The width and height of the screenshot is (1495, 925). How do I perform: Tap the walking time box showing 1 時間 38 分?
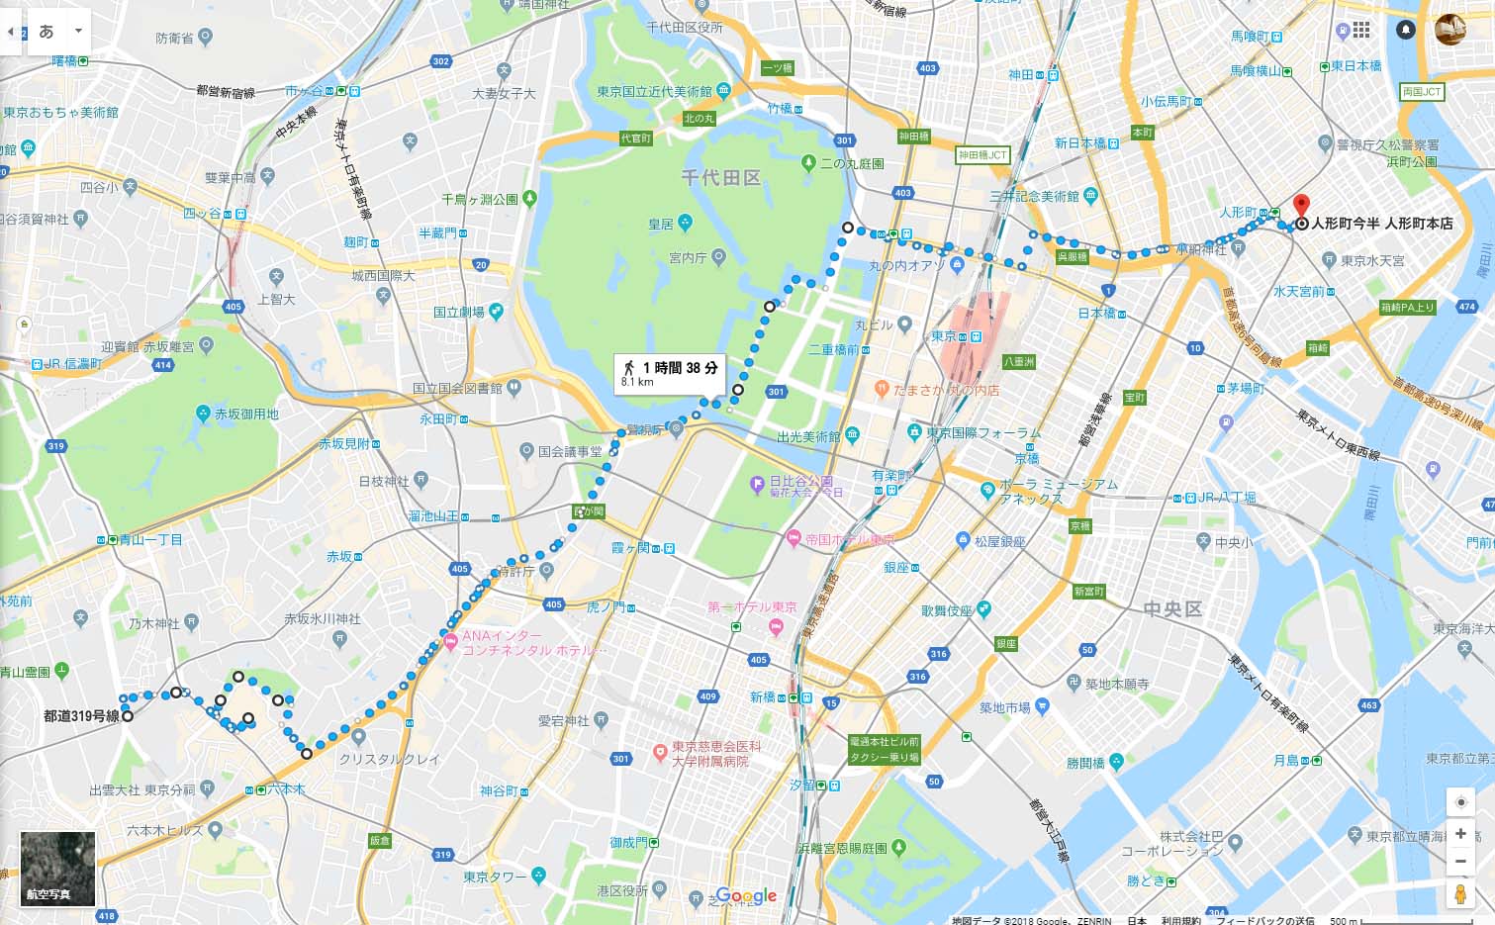(670, 373)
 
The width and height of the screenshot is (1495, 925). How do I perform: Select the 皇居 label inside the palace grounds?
(661, 225)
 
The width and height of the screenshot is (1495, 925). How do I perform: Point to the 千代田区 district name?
(721, 178)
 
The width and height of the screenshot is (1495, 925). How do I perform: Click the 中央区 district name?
(1172, 609)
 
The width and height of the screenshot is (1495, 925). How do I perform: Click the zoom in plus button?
(1460, 834)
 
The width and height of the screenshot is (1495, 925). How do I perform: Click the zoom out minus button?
(1460, 861)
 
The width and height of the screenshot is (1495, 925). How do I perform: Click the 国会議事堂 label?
(570, 451)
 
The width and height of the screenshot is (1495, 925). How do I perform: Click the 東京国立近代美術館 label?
(654, 91)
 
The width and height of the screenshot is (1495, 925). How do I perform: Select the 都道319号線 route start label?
(81, 715)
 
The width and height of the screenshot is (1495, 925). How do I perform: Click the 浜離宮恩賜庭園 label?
(843, 848)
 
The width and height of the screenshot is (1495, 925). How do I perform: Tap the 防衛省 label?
(174, 38)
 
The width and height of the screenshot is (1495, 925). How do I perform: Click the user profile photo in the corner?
(1450, 30)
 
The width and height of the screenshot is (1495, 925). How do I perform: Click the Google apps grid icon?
(1361, 30)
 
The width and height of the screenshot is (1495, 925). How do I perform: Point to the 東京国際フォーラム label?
(983, 433)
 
